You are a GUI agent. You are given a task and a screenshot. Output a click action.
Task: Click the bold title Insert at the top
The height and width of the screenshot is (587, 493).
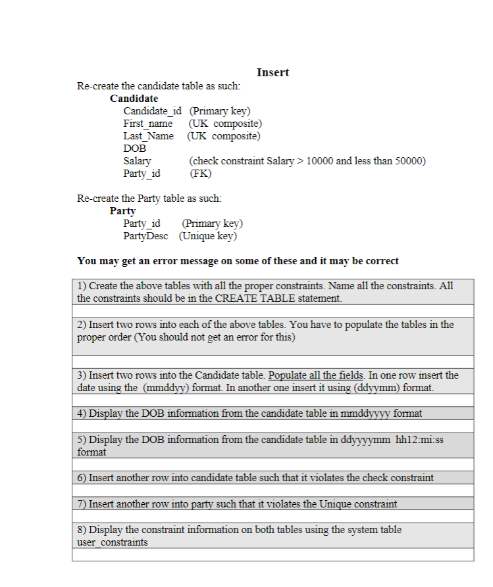coord(272,72)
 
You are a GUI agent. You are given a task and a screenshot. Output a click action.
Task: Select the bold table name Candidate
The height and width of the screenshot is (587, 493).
coord(134,98)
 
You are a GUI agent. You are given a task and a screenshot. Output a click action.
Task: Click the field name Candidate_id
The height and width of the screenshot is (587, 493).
coord(152,111)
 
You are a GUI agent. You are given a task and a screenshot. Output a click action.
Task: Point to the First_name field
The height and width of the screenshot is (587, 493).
coord(147,124)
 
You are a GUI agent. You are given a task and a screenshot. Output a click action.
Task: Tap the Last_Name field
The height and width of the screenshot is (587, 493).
coord(148,136)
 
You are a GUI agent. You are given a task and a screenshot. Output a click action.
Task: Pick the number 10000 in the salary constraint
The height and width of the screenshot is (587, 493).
coord(319,161)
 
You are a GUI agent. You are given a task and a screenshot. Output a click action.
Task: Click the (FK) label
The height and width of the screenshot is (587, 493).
coord(200,174)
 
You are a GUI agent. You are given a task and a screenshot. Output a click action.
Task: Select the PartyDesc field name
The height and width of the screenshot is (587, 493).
coord(145,236)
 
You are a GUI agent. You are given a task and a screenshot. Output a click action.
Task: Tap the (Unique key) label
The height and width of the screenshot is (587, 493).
coord(207,236)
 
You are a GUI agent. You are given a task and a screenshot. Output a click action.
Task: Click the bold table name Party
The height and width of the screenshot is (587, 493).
coord(122,211)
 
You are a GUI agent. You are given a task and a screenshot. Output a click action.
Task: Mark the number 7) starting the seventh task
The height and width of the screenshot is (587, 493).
coord(82,504)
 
